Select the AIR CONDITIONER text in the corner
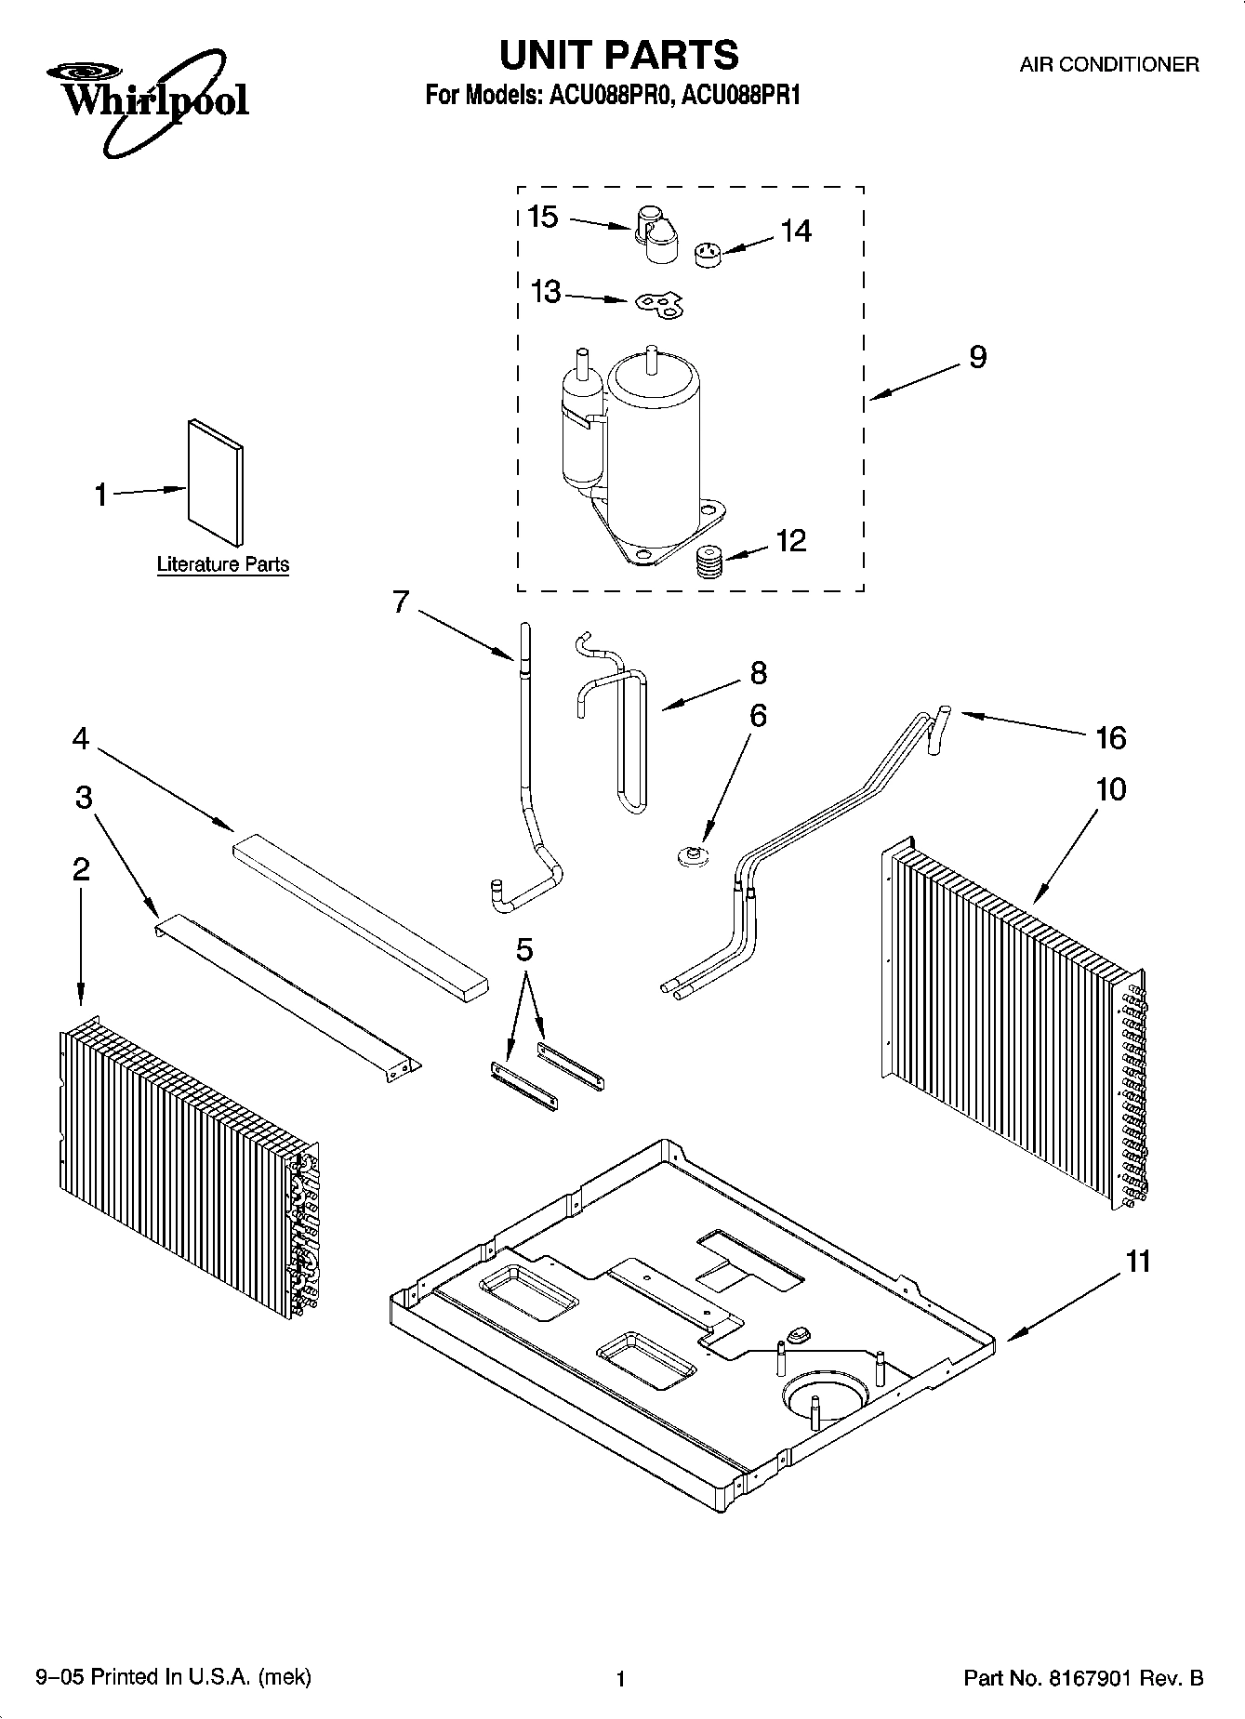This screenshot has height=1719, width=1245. (1108, 65)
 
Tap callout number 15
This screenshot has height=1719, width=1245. (542, 218)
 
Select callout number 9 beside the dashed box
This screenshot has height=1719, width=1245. (977, 357)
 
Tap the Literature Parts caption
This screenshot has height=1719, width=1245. (222, 564)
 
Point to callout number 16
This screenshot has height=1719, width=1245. (1110, 738)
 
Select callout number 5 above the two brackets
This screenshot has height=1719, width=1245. (524, 950)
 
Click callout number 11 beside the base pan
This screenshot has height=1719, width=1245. (1138, 1262)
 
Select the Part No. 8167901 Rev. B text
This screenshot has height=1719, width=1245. (1083, 1678)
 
